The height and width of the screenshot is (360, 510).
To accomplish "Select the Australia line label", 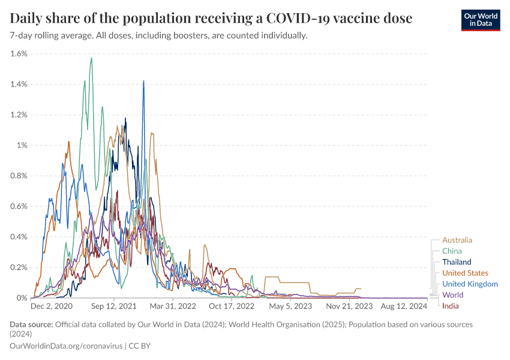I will pyautogui.click(x=457, y=240).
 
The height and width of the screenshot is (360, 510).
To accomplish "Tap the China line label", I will pyautogui.click(x=452, y=251).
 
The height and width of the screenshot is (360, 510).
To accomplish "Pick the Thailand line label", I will pyautogui.click(x=457, y=262).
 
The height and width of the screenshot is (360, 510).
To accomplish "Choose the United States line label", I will pyautogui.click(x=465, y=273).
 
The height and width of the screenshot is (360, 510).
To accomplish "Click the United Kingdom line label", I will pyautogui.click(x=470, y=284).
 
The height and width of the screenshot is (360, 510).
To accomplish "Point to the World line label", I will pyautogui.click(x=452, y=295).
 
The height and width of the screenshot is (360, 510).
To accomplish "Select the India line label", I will pyautogui.click(x=451, y=306).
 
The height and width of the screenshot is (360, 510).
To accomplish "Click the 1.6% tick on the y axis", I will pyautogui.click(x=19, y=53).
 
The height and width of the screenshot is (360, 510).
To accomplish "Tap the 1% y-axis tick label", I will pyautogui.click(x=23, y=145).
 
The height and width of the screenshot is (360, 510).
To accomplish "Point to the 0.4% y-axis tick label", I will pyautogui.click(x=19, y=236).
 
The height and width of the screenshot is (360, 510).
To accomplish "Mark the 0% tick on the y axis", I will pyautogui.click(x=22, y=298).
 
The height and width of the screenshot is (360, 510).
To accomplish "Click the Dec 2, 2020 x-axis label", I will pyautogui.click(x=52, y=306).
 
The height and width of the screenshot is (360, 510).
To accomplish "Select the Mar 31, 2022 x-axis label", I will pyautogui.click(x=172, y=306).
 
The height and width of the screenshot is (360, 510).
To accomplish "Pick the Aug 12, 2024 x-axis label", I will pyautogui.click(x=403, y=306).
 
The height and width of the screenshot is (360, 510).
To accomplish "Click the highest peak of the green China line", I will pyautogui.click(x=91, y=58).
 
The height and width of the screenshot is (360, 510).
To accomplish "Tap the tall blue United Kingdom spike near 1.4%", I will pyautogui.click(x=143, y=81).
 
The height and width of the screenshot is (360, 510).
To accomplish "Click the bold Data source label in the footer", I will pyautogui.click(x=31, y=325).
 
